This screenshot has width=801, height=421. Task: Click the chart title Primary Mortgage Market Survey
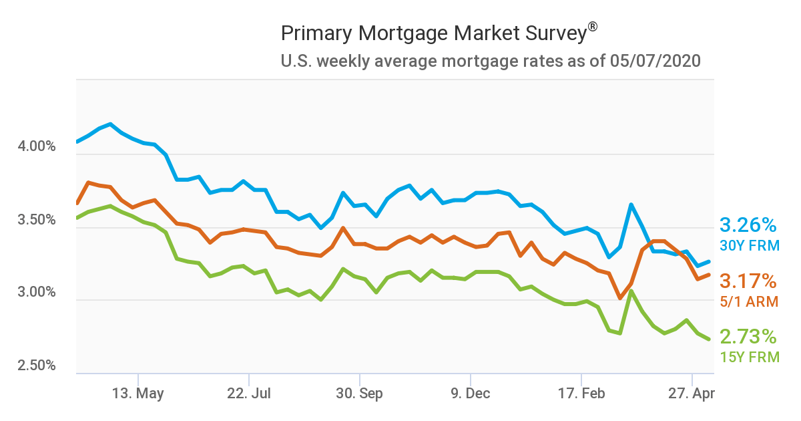[434, 33]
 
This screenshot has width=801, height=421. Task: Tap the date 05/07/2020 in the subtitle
[655, 61]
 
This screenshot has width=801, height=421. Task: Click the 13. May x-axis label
[139, 394]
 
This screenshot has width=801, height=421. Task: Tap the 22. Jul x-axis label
[249, 394]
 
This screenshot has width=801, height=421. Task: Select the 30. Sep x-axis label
[359, 394]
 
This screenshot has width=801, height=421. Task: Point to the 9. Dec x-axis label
[470, 394]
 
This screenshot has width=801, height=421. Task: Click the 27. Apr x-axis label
[691, 394]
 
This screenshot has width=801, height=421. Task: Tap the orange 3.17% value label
[748, 281]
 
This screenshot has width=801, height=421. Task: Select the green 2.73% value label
[748, 336]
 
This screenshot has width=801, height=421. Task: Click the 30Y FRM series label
[749, 246]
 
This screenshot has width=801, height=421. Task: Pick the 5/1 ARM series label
[749, 302]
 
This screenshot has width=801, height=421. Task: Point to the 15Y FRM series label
[749, 357]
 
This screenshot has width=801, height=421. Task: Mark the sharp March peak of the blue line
[631, 204]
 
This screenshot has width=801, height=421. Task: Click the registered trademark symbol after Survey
[592, 26]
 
